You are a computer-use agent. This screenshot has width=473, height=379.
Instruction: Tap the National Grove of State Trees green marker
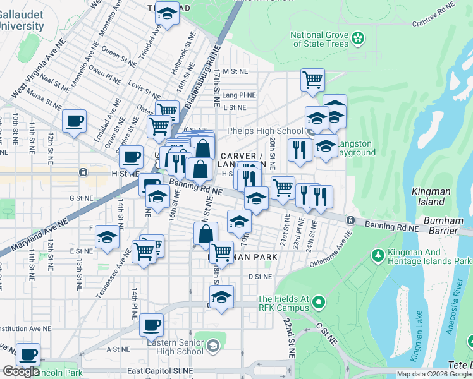pyautogui.click(x=359, y=39)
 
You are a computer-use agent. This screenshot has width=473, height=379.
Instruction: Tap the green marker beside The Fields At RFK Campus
pyautogui.click(x=318, y=303)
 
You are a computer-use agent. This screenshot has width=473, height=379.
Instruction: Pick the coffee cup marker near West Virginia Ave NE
pyautogui.click(x=74, y=121)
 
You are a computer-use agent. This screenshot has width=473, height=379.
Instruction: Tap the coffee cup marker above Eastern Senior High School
pyautogui.click(x=151, y=325)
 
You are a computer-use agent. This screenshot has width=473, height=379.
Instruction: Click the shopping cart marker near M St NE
pyautogui.click(x=312, y=80)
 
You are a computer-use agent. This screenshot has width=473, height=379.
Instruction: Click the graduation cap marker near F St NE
pyautogui.click(x=107, y=238)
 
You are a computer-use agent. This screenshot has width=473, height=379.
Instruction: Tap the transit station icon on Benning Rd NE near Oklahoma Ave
pyautogui.click(x=350, y=219)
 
